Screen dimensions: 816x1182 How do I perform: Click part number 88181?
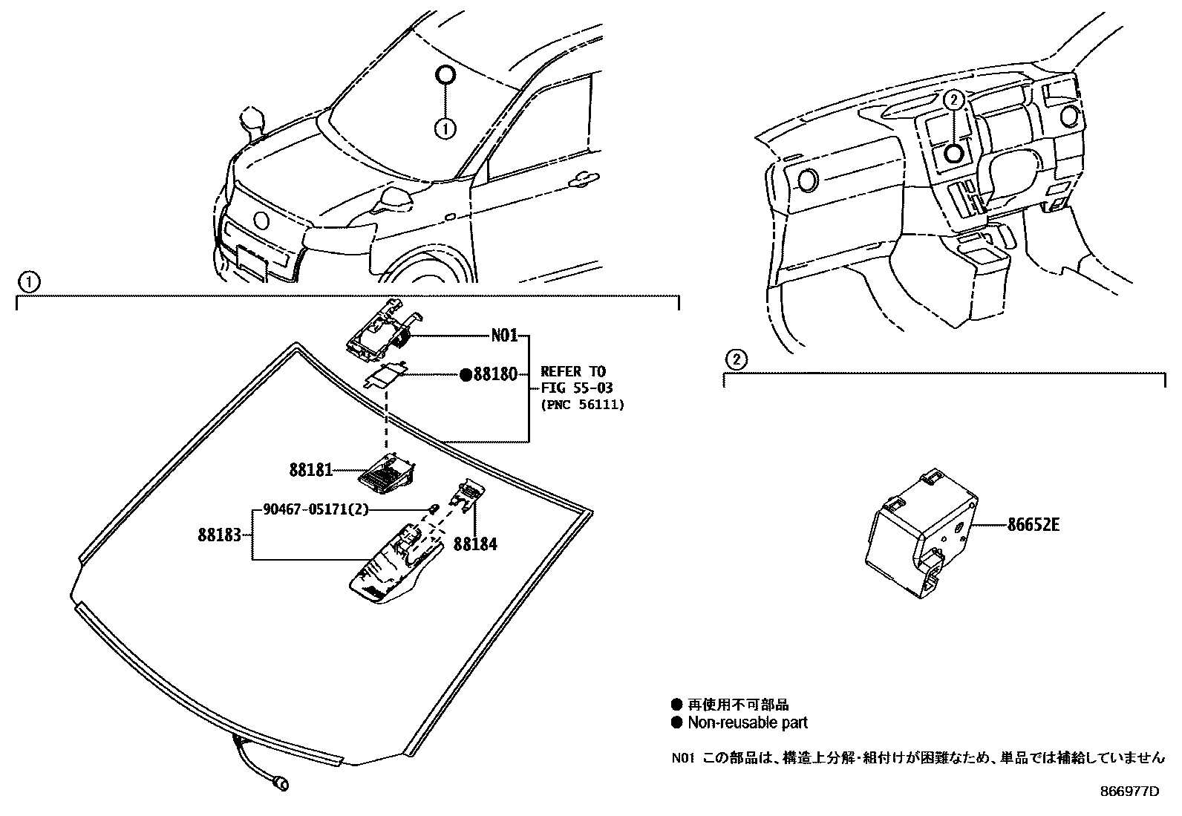coord(310,470)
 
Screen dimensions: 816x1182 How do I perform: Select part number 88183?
coord(220,534)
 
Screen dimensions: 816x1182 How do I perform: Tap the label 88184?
coord(475,544)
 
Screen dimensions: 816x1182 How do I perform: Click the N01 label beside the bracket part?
coord(504,336)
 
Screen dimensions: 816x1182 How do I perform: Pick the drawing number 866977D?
coord(1129,791)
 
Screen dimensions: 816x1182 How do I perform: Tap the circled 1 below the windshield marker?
coord(445,128)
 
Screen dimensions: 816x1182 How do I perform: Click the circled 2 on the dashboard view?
coord(953,98)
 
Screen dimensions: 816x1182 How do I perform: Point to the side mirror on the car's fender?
coord(252,122)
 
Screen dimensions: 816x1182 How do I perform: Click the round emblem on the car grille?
coord(261,221)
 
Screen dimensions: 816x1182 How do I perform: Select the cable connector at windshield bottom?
coord(281,782)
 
